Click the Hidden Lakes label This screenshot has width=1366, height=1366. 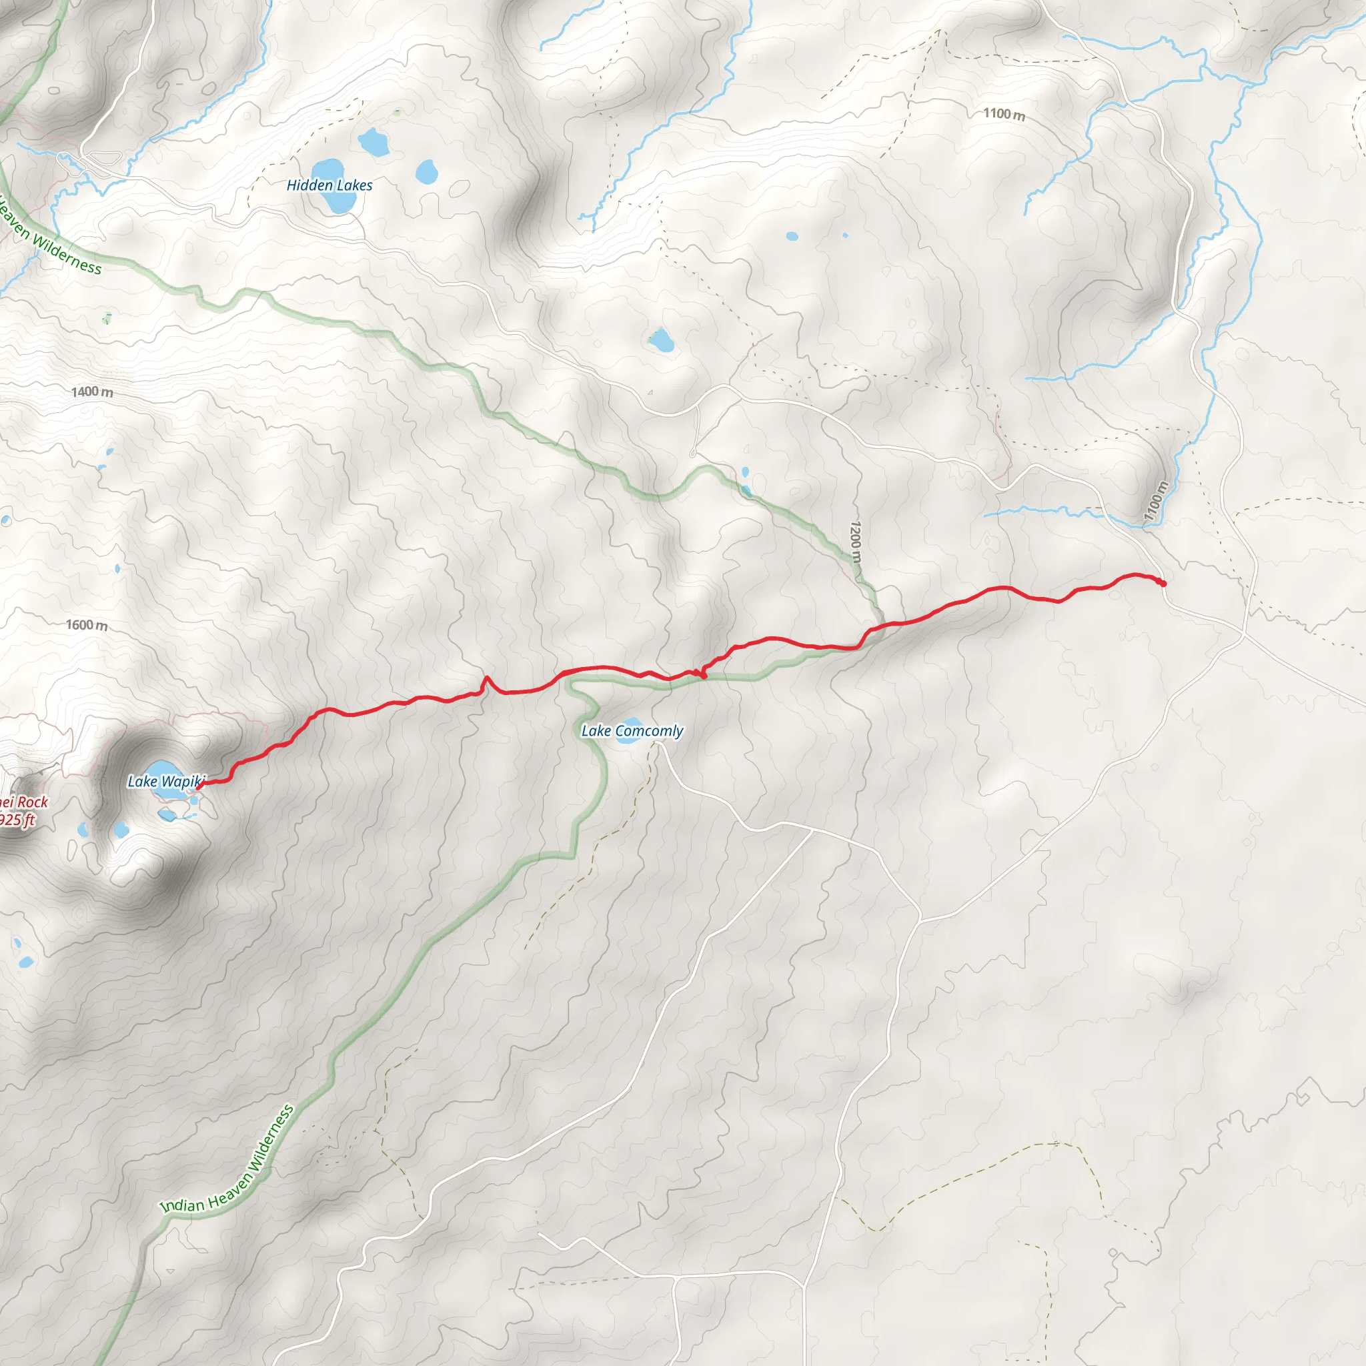coord(329,185)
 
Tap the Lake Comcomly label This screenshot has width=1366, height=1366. coord(632,731)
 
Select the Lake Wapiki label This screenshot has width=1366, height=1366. coord(166,781)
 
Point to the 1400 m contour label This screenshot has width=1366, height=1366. coord(92,392)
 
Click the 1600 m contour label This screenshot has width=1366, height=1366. coord(87,625)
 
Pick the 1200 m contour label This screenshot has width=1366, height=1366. coord(856,542)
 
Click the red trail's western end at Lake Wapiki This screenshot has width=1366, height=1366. coord(199,785)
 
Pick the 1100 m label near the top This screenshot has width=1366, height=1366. coord(1004,114)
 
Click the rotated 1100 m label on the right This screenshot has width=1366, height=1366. coord(1155,502)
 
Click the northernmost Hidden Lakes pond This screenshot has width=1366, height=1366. coord(373,143)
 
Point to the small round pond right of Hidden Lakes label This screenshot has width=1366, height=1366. coord(426,171)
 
